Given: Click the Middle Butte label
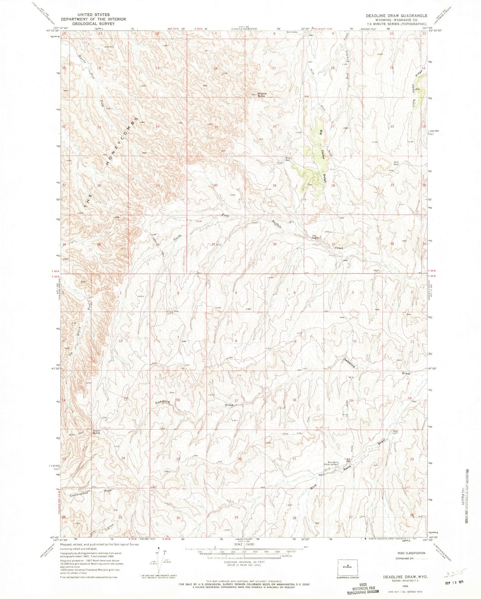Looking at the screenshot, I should (261, 95).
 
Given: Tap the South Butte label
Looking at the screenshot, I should (97, 432).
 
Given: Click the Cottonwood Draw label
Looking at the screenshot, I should (89, 492).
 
